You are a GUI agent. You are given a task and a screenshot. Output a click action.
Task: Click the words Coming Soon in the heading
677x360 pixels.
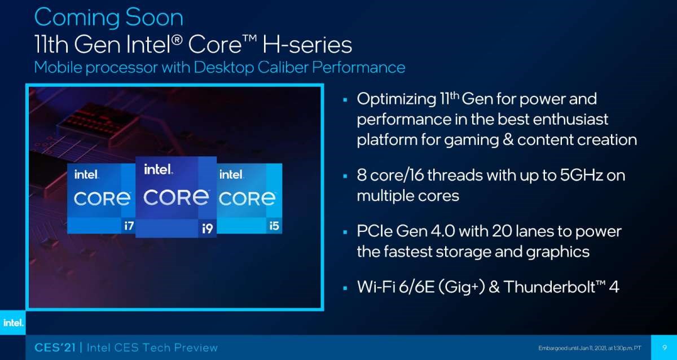[109, 18]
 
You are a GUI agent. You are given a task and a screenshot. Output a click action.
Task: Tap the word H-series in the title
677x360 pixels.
[307, 45]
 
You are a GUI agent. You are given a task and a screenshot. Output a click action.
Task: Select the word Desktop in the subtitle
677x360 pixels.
[223, 67]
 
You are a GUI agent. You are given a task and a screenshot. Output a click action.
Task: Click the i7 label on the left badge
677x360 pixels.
[129, 226]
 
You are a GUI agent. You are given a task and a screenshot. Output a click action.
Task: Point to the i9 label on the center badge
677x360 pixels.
[208, 229]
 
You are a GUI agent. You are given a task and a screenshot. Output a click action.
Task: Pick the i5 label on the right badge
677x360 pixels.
[274, 226]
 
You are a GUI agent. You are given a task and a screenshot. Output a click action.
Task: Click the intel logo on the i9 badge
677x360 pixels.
[159, 170]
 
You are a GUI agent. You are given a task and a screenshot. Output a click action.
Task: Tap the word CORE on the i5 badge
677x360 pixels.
[247, 199]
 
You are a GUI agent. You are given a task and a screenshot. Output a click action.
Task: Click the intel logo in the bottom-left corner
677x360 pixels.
[13, 323]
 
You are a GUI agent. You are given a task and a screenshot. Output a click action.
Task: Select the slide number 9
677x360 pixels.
[665, 348]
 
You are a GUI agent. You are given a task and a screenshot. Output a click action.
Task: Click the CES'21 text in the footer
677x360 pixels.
[55, 348]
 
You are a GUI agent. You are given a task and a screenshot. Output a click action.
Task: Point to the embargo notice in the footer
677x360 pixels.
[590, 348]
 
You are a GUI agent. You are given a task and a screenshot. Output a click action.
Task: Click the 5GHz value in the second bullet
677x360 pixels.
[582, 175]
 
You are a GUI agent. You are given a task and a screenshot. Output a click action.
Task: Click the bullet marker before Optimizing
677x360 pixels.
[345, 99]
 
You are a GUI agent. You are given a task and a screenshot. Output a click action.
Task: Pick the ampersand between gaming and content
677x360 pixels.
[508, 140]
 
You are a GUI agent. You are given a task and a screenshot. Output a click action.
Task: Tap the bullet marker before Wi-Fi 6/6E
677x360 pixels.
[345, 288]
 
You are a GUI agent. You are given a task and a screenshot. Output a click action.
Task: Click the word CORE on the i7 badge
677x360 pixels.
[102, 199]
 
